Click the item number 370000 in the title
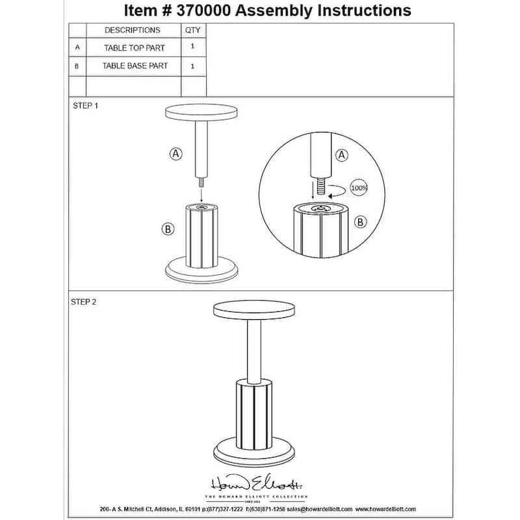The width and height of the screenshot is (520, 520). (195, 10)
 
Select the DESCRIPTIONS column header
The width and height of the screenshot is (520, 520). (132, 31)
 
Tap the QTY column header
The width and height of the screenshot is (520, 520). (193, 31)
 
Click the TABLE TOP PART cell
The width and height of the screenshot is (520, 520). (135, 48)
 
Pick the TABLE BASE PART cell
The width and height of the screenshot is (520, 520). (135, 66)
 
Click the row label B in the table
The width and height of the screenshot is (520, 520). (77, 66)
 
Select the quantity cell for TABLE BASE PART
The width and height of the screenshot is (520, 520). (193, 66)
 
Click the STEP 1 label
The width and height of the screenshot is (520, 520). (85, 105)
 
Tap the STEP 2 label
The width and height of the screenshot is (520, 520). (85, 302)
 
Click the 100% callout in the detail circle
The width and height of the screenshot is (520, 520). (359, 188)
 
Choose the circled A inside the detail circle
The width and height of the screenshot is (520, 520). (342, 155)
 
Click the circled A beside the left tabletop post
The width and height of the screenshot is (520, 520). (175, 153)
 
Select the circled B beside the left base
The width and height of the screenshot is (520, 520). (167, 229)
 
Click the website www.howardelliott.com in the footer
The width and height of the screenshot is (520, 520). (386, 509)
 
